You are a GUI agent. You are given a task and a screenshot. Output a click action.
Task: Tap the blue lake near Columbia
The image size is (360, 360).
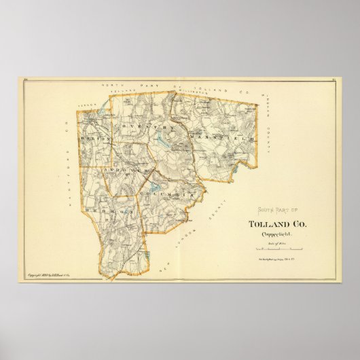[x=156, y=184]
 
